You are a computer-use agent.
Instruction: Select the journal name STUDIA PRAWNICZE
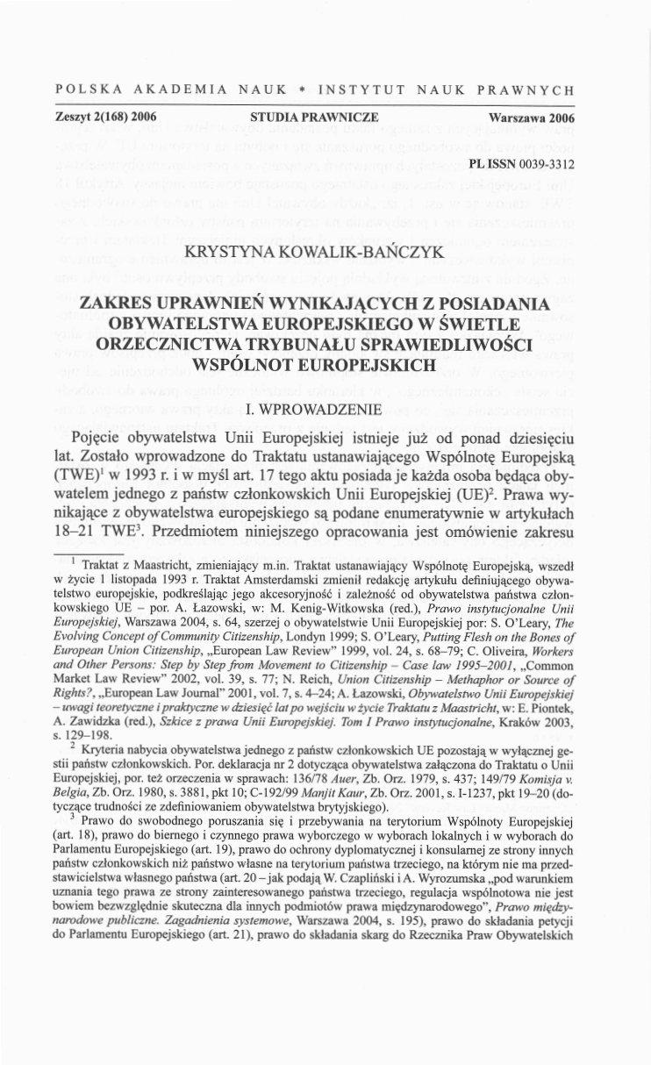[301, 117]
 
